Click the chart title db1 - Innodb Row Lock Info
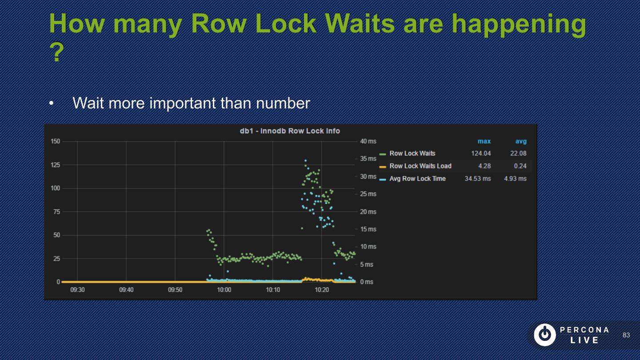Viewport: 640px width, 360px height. click(x=290, y=131)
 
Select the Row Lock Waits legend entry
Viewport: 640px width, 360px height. click(x=412, y=153)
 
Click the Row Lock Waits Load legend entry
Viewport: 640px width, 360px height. click(x=420, y=166)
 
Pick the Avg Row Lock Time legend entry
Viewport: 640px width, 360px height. click(x=417, y=179)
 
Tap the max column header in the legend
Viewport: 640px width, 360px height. click(x=484, y=141)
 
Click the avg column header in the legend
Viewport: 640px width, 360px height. click(x=521, y=141)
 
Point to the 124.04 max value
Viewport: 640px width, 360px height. click(x=481, y=153)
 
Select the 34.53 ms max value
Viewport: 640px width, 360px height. click(x=478, y=179)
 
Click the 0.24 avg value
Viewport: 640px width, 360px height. click(x=520, y=166)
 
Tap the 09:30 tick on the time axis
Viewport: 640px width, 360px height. click(x=77, y=290)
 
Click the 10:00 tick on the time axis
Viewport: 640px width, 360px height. click(x=224, y=290)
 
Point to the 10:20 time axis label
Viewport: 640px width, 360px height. click(x=322, y=290)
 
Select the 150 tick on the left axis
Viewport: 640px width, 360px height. click(x=55, y=141)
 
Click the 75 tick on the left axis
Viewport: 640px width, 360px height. click(x=57, y=212)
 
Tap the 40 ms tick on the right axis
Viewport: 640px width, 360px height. click(x=368, y=141)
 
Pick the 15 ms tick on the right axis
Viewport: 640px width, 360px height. click(x=368, y=229)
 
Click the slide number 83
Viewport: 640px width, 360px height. click(x=626, y=335)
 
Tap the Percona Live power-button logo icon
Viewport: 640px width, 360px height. click(x=544, y=335)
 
